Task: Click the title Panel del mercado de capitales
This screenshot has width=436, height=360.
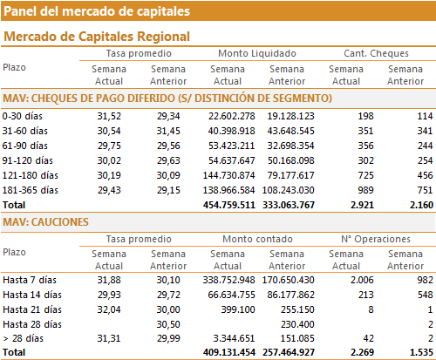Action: tap(97, 11)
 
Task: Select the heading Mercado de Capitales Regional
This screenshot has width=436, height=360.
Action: tap(97, 37)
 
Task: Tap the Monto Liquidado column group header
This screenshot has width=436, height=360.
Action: tap(257, 53)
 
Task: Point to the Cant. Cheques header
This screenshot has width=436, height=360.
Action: tap(376, 53)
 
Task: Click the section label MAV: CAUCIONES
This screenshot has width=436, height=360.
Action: tap(45, 222)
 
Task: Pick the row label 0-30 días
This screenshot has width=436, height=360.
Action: tap(23, 116)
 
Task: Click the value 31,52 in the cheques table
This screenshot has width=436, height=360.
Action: tap(109, 116)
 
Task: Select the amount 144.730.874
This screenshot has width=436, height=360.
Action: tap(228, 175)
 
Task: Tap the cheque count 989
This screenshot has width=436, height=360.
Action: tap(365, 190)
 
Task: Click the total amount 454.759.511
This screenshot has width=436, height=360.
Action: tap(229, 205)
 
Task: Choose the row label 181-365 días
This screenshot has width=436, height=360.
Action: tap(31, 190)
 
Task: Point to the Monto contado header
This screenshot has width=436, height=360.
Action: tap(257, 239)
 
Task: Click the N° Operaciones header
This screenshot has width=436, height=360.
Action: tap(376, 239)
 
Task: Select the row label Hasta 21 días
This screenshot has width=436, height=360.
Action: tap(32, 309)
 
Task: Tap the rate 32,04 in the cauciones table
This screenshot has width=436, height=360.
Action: tap(109, 309)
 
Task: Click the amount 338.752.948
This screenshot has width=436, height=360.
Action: tap(228, 280)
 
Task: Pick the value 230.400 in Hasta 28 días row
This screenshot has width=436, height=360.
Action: tap(297, 324)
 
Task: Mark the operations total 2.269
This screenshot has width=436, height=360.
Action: tap(362, 352)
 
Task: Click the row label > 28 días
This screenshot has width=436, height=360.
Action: tap(24, 338)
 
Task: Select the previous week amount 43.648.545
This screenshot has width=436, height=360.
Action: tap(290, 131)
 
